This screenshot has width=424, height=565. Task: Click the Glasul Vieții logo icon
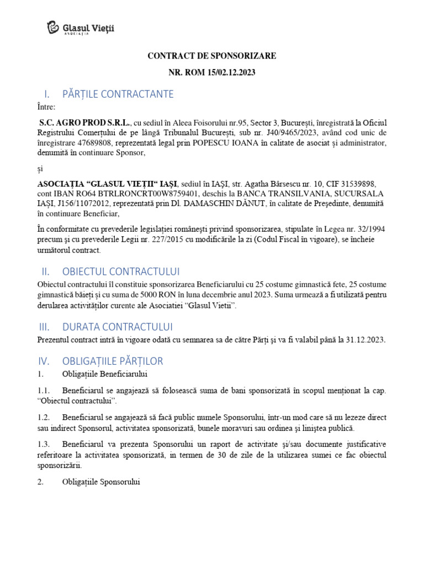53,28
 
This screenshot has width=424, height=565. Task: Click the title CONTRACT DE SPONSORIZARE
211,56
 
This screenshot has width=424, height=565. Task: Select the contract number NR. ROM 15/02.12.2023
211,72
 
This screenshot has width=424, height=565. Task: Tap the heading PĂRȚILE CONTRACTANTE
118,94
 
